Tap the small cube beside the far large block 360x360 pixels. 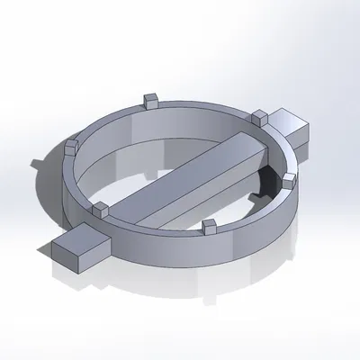(x=260, y=116)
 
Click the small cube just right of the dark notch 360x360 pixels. (x=288, y=181)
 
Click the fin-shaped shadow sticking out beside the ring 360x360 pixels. (x=38, y=164)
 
